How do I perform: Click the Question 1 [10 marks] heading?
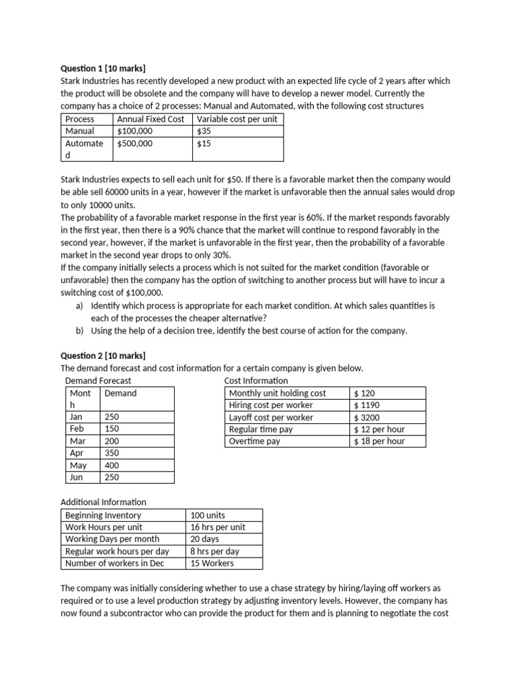point(103,68)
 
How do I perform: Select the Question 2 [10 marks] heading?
point(103,356)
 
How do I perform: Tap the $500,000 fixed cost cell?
point(135,144)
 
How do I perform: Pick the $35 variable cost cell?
point(204,131)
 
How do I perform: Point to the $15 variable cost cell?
point(204,144)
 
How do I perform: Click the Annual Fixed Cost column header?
point(150,119)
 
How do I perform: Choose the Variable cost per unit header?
point(237,119)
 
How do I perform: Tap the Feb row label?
point(76,429)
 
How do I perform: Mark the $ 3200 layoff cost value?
point(367,417)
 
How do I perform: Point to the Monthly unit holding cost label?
point(277,393)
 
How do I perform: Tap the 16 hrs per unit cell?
point(218,527)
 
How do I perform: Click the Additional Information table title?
point(103,502)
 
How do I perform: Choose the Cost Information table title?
point(256,380)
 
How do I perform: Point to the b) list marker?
point(79,331)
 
